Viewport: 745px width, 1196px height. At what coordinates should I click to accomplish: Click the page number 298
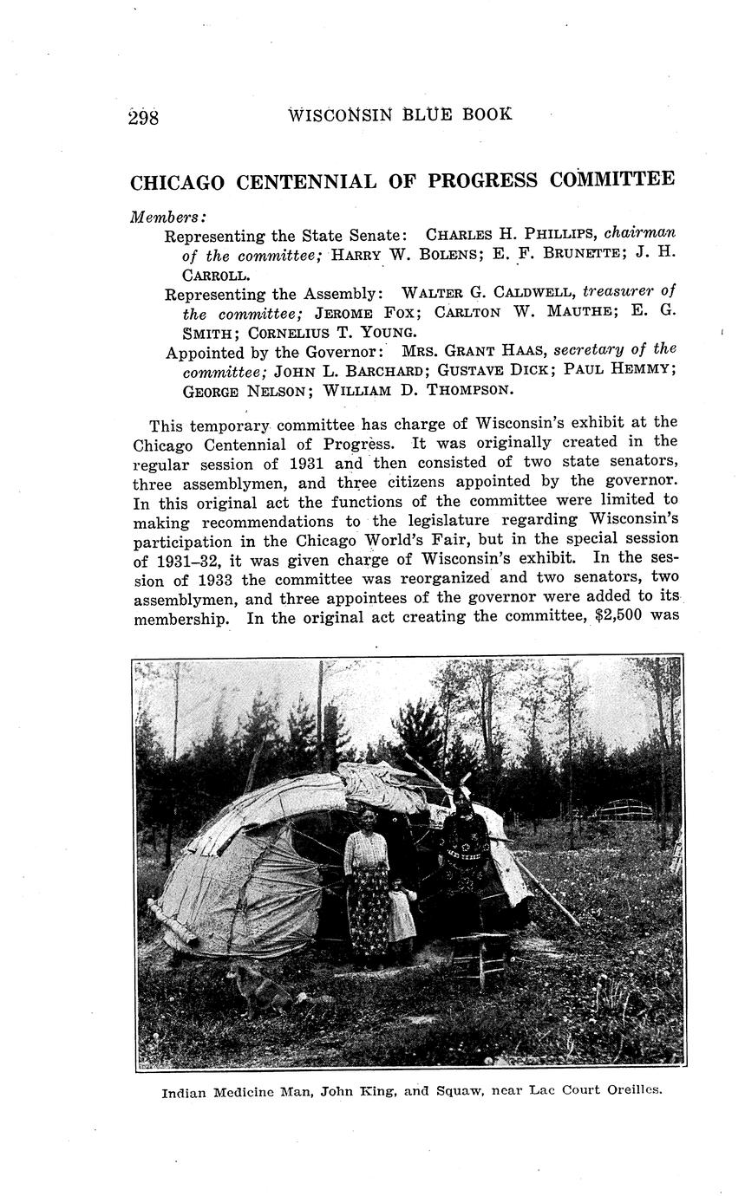click(x=144, y=117)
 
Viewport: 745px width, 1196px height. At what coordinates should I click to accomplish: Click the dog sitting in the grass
click(x=259, y=988)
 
